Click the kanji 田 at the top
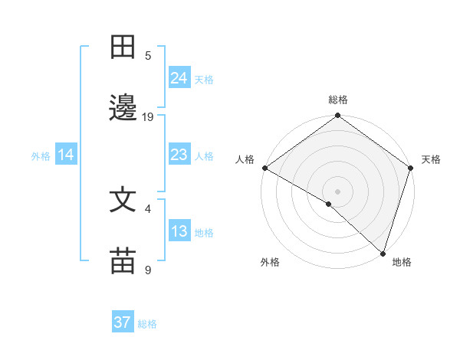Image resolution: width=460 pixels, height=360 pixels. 123,48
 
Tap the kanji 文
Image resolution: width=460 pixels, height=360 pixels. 123,201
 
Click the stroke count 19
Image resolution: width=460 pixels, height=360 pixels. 148,116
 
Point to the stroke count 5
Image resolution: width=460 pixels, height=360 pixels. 148,55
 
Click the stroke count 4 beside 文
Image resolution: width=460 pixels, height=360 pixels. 148,208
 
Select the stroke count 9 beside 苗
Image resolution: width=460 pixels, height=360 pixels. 148,270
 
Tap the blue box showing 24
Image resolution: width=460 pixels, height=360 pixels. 179,77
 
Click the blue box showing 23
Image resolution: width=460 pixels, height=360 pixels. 179,155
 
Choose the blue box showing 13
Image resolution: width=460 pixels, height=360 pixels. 179,231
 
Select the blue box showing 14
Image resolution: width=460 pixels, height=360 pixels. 66,155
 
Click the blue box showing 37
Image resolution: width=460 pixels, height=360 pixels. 123,322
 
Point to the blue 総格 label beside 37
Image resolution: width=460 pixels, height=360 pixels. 147,324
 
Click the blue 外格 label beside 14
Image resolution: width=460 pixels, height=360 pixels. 41,156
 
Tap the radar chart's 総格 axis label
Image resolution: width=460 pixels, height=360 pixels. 338,100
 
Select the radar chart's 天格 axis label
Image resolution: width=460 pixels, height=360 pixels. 431,159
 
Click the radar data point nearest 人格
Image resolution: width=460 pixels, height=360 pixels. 264,168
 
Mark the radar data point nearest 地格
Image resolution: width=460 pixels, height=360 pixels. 383,254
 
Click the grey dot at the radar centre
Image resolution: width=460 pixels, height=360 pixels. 337,191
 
